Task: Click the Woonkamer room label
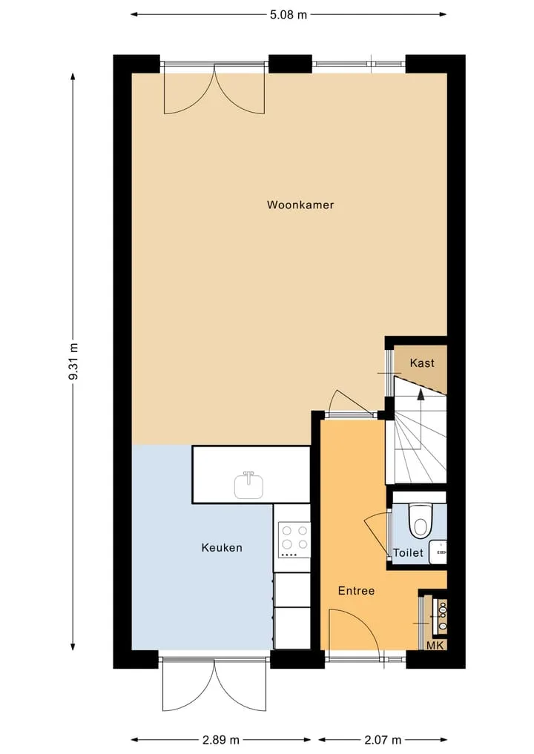tap(300, 205)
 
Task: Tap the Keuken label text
tap(222, 548)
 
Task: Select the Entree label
tap(356, 590)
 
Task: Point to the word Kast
tap(422, 363)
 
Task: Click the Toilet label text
tap(409, 553)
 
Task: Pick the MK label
tap(436, 645)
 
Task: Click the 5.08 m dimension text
tap(289, 14)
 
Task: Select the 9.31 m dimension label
tap(73, 361)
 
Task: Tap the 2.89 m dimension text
tap(221, 740)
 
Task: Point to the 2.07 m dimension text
tap(383, 740)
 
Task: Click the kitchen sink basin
tap(248, 485)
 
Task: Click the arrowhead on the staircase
tap(421, 394)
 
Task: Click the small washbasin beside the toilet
tap(439, 552)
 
